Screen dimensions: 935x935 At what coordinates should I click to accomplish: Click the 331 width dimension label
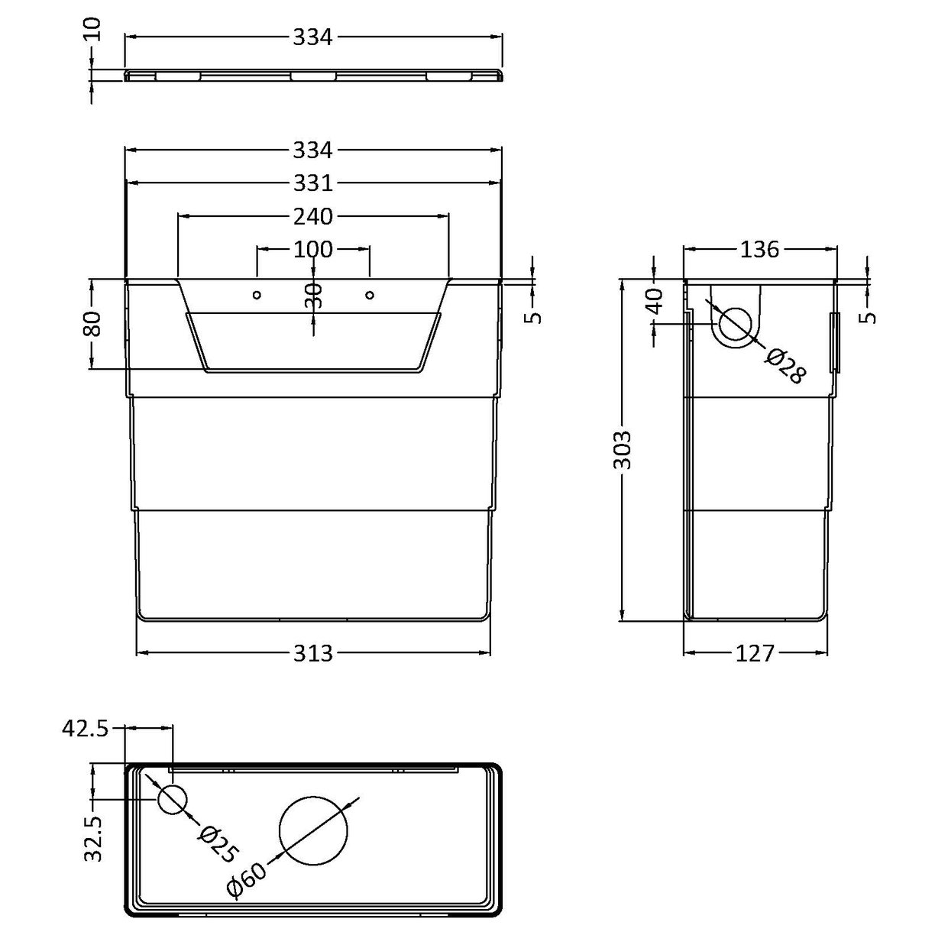[x=313, y=184]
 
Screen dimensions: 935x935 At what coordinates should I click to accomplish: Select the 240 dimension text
[x=313, y=217]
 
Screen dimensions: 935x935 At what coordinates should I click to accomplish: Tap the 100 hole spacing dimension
[x=313, y=249]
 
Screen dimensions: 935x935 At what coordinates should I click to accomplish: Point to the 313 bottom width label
[x=313, y=653]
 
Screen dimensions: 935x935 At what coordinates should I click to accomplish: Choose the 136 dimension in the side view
[x=759, y=250]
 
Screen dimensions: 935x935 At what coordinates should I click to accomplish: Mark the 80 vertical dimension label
[x=92, y=325]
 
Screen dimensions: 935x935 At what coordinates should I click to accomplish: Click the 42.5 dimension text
[x=85, y=730]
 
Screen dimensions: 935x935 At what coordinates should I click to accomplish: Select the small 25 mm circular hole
[x=173, y=800]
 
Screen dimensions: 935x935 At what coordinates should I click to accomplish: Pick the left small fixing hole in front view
[x=257, y=295]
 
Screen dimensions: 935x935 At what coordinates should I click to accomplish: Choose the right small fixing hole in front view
[x=370, y=295]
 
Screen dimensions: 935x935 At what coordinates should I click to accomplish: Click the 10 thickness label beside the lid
[x=92, y=31]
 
